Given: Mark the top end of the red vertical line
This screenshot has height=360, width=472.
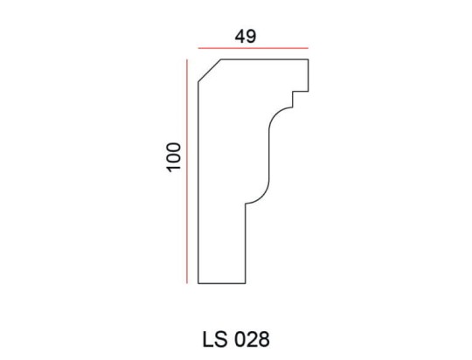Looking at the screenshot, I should [187, 59].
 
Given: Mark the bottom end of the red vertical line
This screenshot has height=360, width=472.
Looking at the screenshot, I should [187, 284].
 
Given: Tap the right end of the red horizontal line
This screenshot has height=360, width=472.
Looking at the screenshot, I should [308, 48].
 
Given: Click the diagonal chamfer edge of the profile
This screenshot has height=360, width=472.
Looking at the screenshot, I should [209, 71].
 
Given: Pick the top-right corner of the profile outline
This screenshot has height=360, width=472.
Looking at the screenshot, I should [308, 59].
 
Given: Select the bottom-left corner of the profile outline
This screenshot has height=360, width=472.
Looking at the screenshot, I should [198, 284].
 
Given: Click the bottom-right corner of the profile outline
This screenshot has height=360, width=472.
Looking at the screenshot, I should [245, 284].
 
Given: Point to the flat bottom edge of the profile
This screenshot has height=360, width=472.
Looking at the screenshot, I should [221, 284].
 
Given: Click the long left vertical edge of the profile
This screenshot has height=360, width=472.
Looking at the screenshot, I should [198, 183].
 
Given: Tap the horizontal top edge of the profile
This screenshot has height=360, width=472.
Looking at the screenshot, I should [262, 59].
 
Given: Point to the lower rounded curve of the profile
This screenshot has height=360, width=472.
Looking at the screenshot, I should [260, 194].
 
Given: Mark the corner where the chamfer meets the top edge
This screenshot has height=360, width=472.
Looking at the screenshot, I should [220, 59].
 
